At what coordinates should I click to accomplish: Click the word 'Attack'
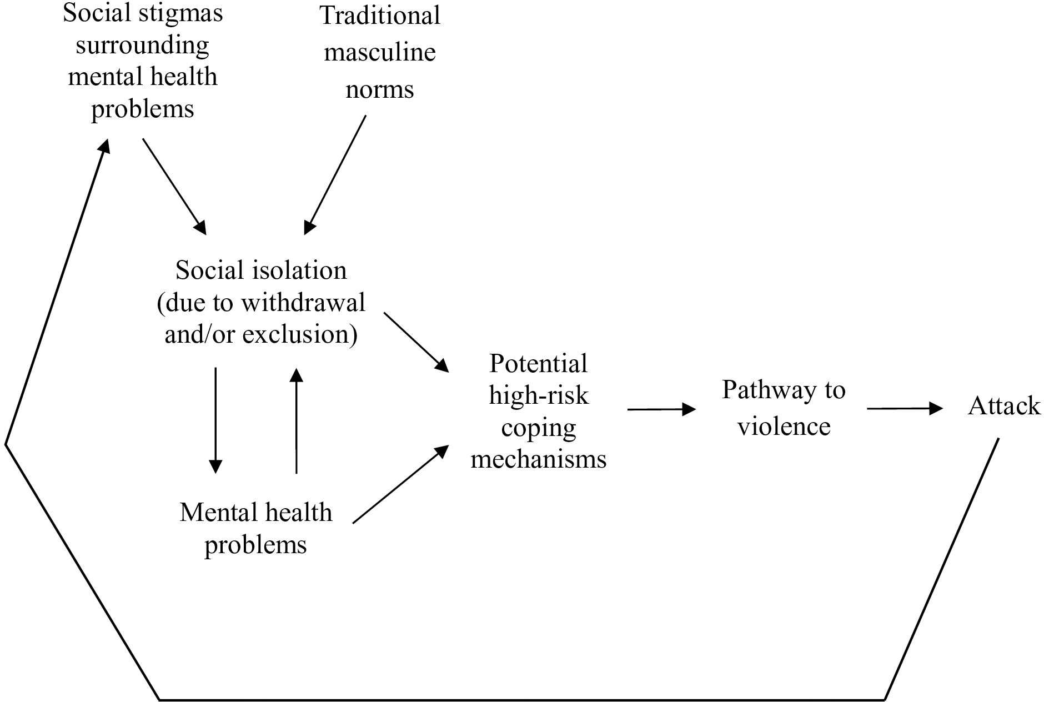coord(1003,406)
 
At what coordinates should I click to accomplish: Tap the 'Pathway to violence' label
coord(783,408)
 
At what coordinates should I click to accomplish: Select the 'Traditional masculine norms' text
coord(380,52)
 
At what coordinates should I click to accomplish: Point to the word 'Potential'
coord(538,364)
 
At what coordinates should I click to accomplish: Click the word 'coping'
coord(538,428)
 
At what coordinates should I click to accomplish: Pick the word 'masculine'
coord(380,53)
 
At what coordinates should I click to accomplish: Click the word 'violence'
coord(784,427)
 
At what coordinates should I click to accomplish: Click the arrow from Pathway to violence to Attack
coord(905,409)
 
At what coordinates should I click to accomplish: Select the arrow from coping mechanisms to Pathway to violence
coord(661,409)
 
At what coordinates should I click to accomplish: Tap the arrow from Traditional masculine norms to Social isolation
coord(335,175)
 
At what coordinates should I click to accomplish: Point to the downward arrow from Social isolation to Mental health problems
coord(215,420)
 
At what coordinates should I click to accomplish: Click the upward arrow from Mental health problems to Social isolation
coord(297,420)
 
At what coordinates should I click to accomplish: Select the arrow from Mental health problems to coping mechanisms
coord(400,484)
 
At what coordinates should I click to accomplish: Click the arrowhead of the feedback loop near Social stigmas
coord(104,146)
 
